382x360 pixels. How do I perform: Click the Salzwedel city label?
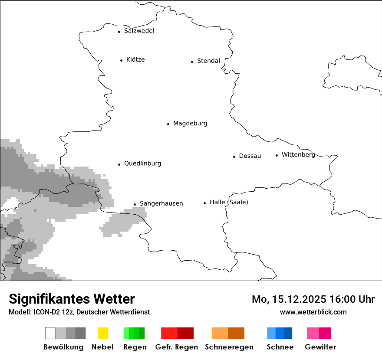coord(139,31)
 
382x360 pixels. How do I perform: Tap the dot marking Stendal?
coord(192,62)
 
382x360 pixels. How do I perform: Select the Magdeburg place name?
coord(190,124)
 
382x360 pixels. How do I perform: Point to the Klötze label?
coord(135,60)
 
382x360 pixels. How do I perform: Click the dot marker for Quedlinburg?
coord(119,164)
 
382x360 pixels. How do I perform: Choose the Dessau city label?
coord(250,156)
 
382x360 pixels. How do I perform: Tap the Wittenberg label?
coord(298,155)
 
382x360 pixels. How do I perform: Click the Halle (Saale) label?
coord(229,203)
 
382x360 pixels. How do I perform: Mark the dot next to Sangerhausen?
coord(135,204)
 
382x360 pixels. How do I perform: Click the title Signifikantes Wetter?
coord(72,299)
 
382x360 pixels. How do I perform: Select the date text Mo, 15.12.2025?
coord(289,299)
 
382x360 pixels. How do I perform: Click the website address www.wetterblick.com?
coord(313,312)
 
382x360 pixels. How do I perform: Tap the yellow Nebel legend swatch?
coord(103,333)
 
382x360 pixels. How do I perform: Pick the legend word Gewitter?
coord(320,347)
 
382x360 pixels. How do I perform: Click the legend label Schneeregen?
coord(229,347)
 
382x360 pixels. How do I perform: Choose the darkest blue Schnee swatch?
coord(288,333)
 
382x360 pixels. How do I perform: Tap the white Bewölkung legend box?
coord(50,333)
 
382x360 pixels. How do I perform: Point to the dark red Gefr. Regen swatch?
coord(185,333)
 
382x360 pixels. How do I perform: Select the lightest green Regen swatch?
coord(126,333)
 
